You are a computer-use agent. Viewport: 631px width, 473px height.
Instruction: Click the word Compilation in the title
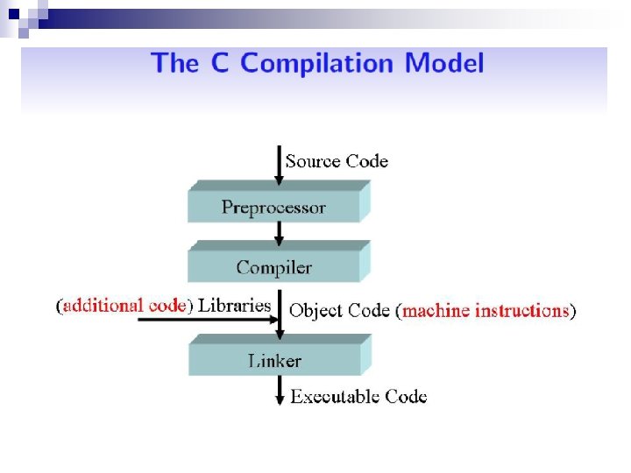click(x=317, y=64)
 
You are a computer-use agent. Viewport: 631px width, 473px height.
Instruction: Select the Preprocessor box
click(x=273, y=208)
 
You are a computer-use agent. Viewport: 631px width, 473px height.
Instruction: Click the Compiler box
click(x=273, y=267)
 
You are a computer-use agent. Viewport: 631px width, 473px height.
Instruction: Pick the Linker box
click(x=273, y=360)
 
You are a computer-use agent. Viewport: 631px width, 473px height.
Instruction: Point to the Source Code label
click(x=337, y=161)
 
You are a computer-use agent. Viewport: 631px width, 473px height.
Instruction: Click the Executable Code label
click(x=359, y=397)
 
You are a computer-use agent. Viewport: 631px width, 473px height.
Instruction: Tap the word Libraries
click(x=234, y=306)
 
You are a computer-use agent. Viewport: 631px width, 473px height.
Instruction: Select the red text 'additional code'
click(x=124, y=306)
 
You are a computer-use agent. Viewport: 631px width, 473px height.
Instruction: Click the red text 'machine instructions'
click(x=486, y=310)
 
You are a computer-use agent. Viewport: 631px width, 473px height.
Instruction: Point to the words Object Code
click(x=339, y=310)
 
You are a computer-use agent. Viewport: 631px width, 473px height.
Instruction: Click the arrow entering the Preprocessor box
click(x=279, y=166)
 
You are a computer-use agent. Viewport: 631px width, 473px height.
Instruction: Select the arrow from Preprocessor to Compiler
click(x=279, y=234)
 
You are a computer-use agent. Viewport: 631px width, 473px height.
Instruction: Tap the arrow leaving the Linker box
click(x=279, y=391)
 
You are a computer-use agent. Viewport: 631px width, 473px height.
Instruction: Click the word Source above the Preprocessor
click(x=313, y=161)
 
